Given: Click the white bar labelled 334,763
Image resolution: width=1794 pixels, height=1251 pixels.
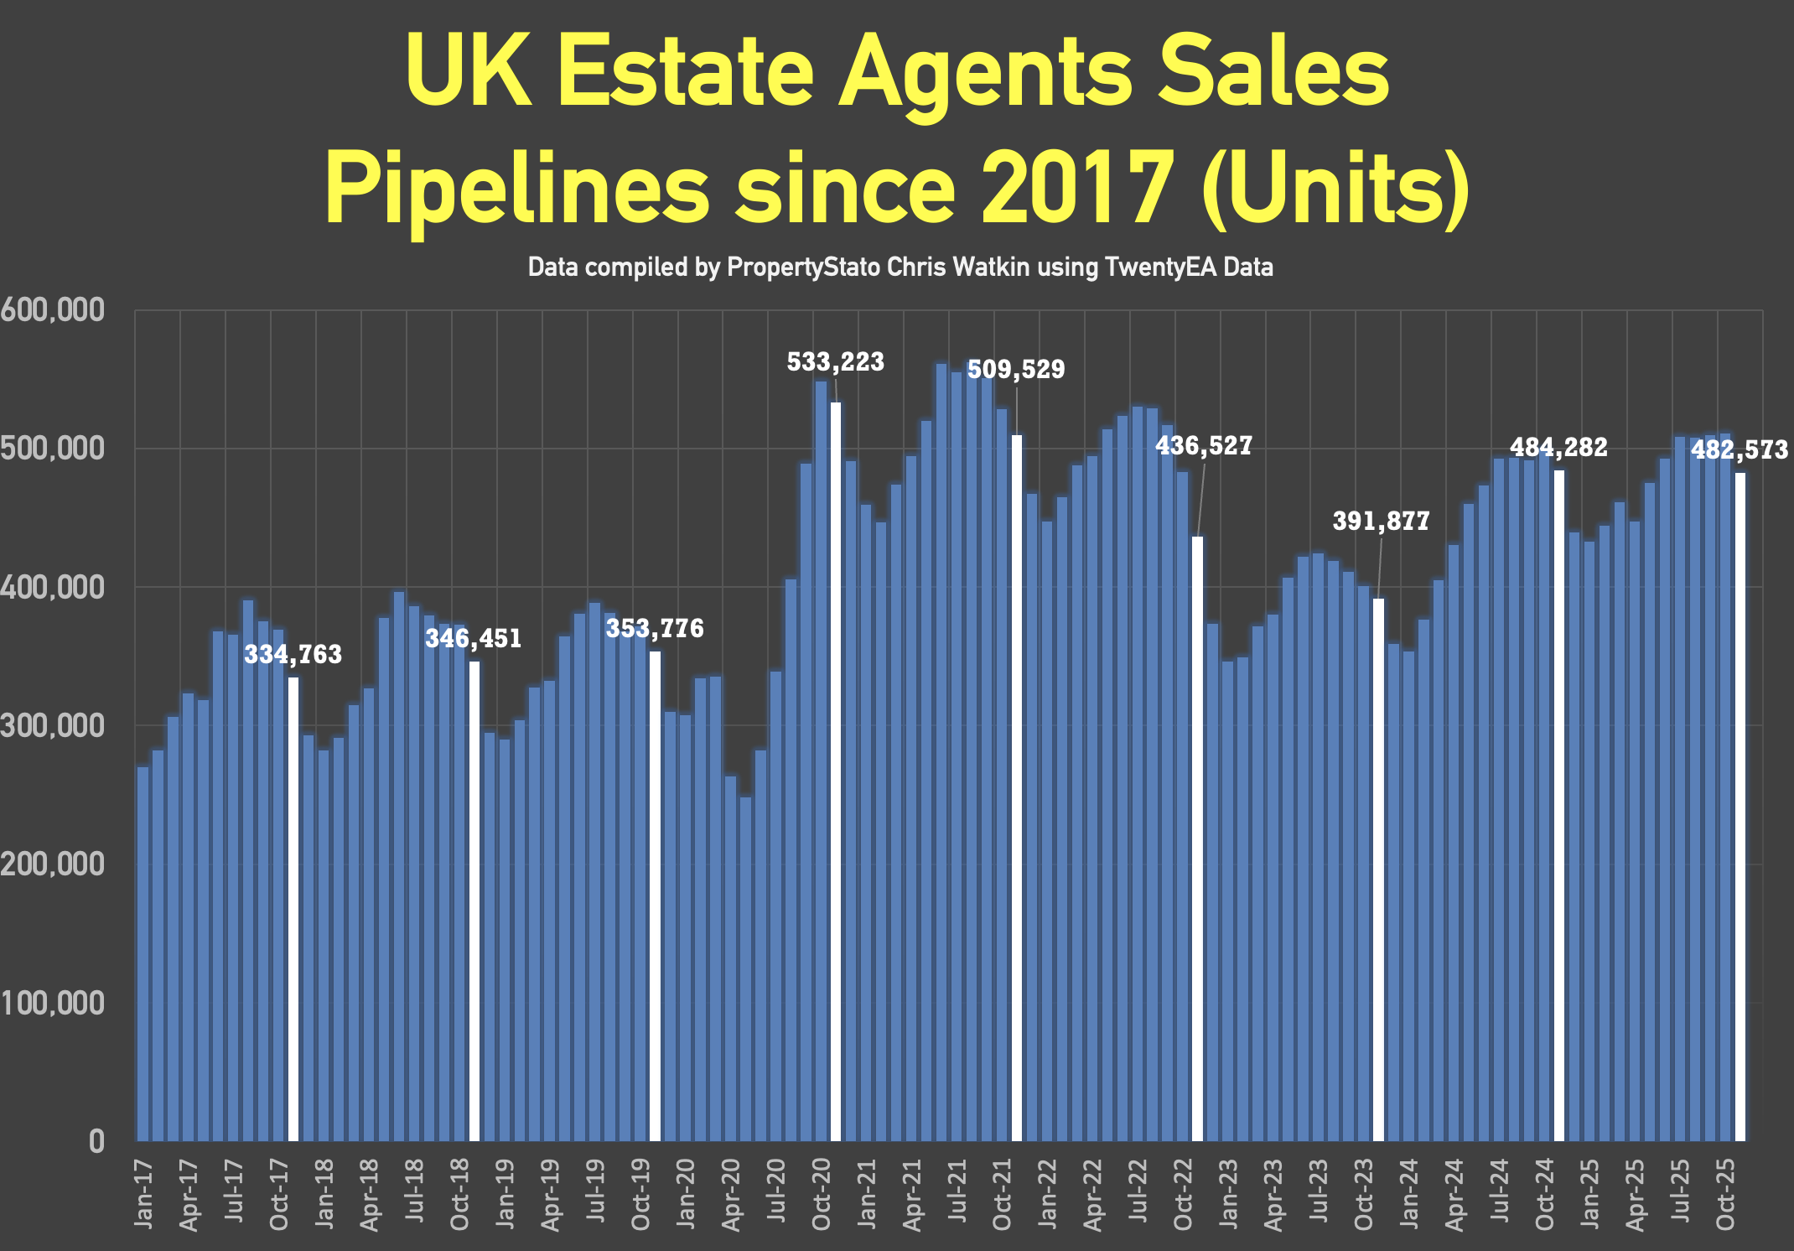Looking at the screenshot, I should coord(293,909).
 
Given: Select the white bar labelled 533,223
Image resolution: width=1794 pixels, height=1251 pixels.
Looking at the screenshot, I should coord(836,771).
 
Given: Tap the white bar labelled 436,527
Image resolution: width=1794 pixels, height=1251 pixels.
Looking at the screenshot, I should coord(1197,838).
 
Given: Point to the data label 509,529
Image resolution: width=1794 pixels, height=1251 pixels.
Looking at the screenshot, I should coord(1016,370).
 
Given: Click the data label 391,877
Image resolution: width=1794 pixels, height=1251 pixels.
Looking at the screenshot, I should coord(1381,522).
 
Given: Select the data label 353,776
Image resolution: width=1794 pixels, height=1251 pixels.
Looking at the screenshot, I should coord(655,629).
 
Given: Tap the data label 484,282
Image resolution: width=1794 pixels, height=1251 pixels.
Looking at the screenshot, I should coord(1558,448).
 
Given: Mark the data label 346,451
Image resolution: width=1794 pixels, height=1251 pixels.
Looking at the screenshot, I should coord(474,639).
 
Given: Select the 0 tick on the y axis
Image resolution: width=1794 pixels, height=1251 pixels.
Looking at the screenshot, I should coord(96,1141).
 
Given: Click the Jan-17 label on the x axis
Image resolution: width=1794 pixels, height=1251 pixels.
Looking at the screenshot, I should coord(144,1194).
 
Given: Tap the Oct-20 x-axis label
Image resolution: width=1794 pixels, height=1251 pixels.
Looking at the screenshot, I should coord(822,1194).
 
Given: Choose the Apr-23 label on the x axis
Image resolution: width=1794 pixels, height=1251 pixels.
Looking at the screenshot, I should coord(1273,1196).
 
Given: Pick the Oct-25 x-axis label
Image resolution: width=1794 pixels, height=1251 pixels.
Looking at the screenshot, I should coord(1725,1194).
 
